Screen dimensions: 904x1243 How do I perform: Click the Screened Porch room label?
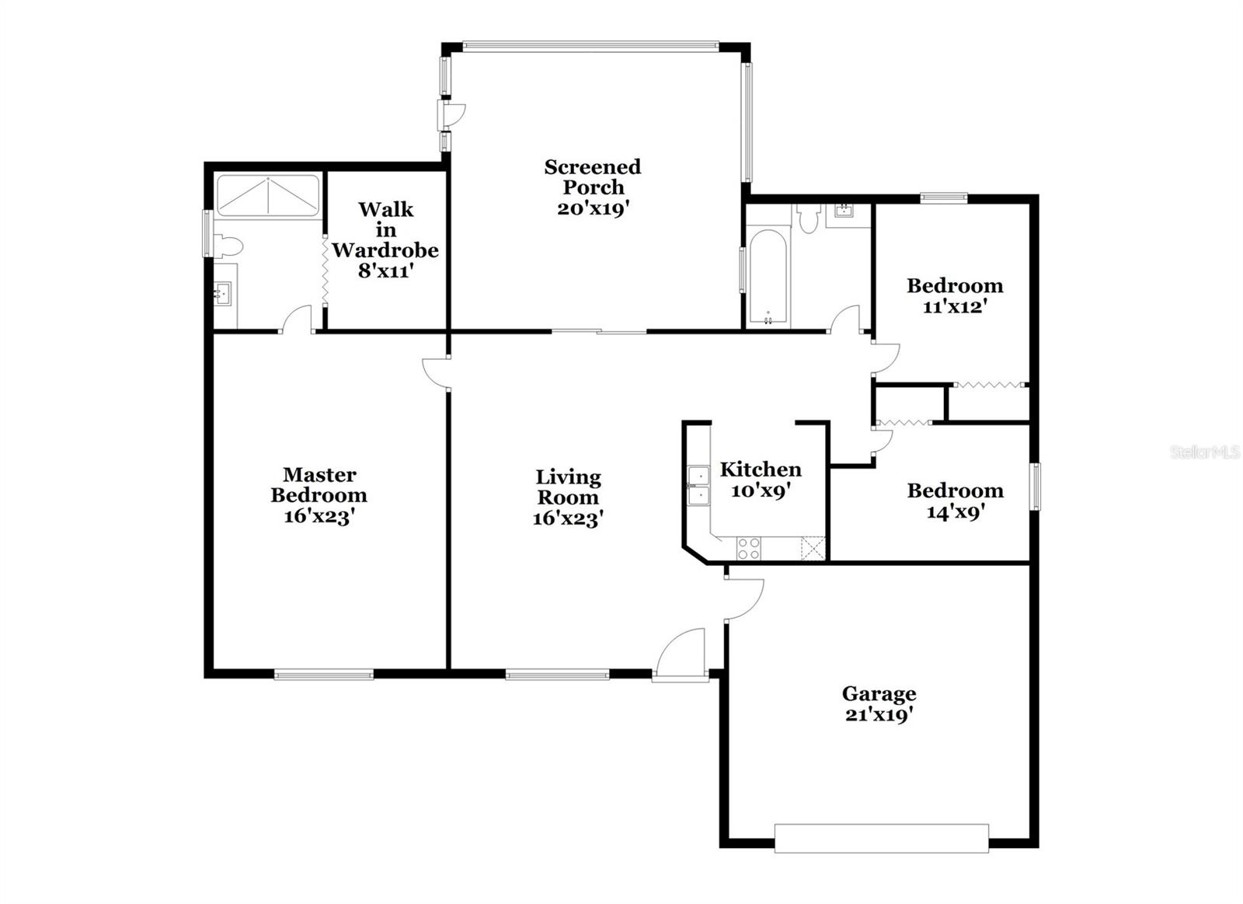point(592,177)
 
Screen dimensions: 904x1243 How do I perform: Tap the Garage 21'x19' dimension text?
point(879,715)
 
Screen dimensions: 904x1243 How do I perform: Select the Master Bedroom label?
point(319,485)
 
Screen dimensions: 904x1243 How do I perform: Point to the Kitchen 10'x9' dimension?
point(761,491)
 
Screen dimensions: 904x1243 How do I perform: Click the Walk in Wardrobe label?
point(385,230)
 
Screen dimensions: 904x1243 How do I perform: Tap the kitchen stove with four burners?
point(749,549)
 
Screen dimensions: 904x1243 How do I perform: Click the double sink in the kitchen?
point(698,485)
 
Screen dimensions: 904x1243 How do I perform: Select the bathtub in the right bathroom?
point(768,277)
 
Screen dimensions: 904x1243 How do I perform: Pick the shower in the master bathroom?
point(268,195)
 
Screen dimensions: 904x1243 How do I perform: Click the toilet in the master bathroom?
point(228,247)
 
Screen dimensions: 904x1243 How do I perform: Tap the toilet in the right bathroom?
point(809,218)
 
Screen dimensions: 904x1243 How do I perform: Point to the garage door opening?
point(882,838)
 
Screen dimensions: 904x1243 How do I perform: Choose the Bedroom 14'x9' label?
point(956,501)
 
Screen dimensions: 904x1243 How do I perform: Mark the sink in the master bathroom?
point(223,293)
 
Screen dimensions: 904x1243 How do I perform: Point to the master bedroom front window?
point(324,675)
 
